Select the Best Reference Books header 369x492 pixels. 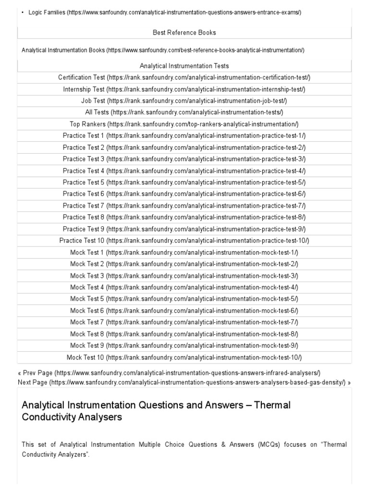click(184, 33)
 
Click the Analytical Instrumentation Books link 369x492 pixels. click(163, 50)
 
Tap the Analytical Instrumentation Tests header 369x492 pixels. click(184, 66)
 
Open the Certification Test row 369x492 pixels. click(184, 77)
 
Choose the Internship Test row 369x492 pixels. click(184, 89)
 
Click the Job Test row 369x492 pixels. click(184, 101)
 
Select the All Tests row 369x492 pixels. click(184, 112)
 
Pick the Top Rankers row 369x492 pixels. click(184, 124)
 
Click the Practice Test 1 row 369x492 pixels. click(184, 135)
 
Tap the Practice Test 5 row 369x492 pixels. click(184, 182)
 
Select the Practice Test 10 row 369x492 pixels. click(184, 240)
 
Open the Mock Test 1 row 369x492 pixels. click(184, 252)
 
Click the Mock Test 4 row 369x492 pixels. click(184, 287)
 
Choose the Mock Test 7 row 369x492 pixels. click(184, 322)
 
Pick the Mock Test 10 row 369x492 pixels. click(184, 357)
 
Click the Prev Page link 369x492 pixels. click(169, 373)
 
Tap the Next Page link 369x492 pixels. click(184, 382)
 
